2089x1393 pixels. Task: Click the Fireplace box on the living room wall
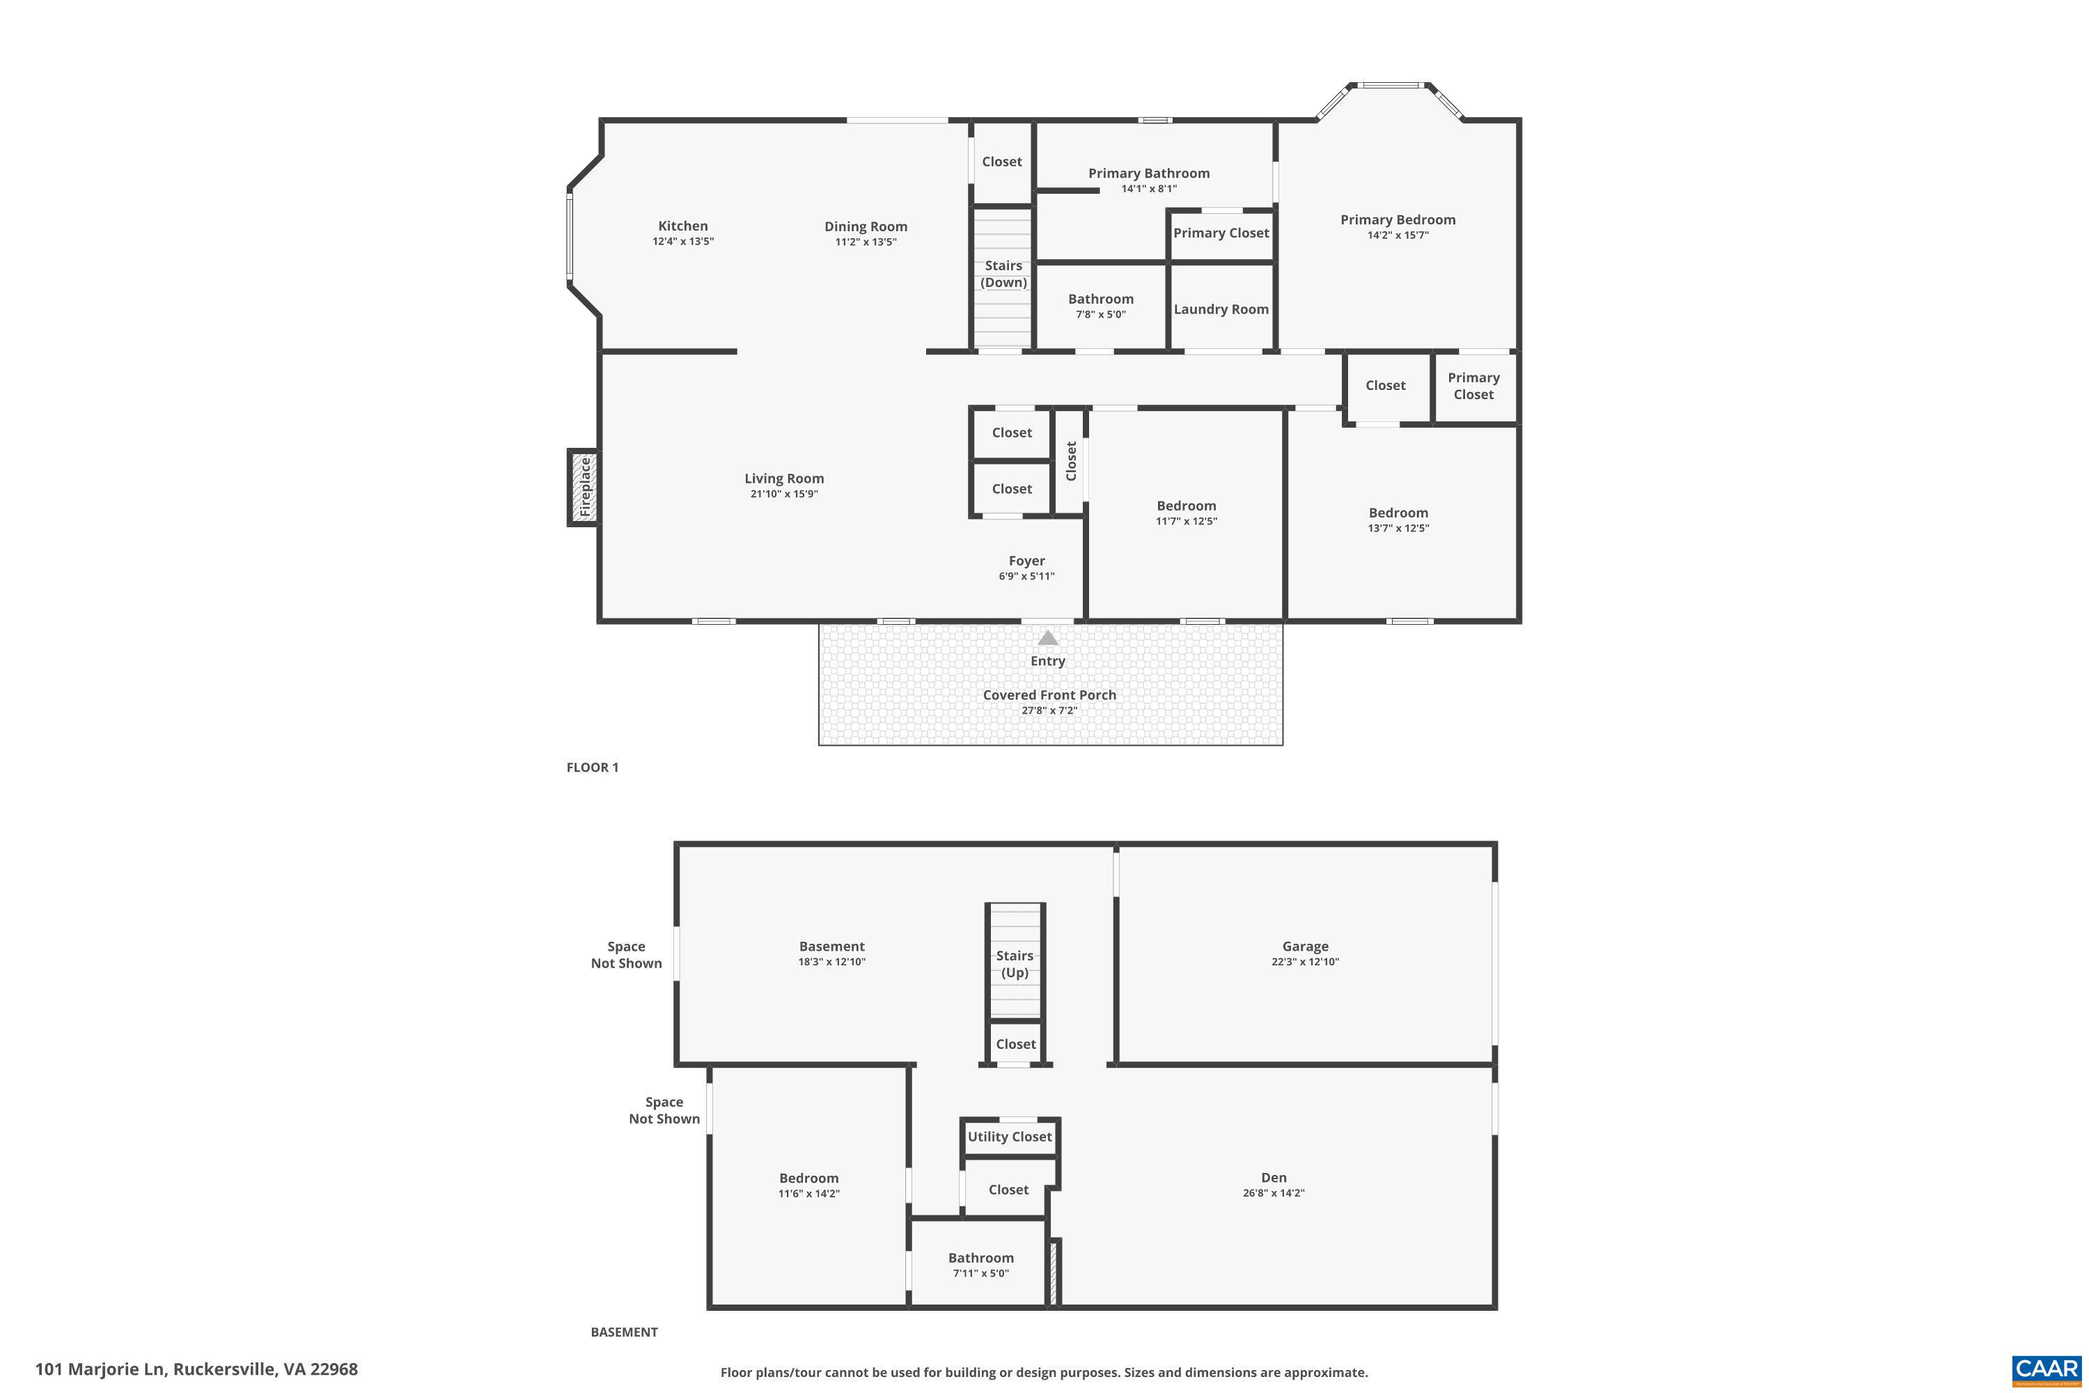[584, 488]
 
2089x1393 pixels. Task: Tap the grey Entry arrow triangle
[1048, 638]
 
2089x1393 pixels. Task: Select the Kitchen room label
[682, 226]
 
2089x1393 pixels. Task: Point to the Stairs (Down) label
[1003, 274]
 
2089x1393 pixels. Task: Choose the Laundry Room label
[1221, 309]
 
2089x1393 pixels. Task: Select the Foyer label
[1026, 561]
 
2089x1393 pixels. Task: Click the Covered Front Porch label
[1049, 694]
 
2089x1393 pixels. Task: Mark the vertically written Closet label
[1071, 461]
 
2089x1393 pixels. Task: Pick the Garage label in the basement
[1305, 946]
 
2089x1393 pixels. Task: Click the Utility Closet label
[1009, 1136]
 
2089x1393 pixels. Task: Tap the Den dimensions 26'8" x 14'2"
[1273, 1193]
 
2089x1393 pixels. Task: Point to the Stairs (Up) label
[1015, 964]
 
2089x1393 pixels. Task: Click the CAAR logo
[2047, 1369]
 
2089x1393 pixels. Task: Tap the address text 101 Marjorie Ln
[100, 1369]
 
